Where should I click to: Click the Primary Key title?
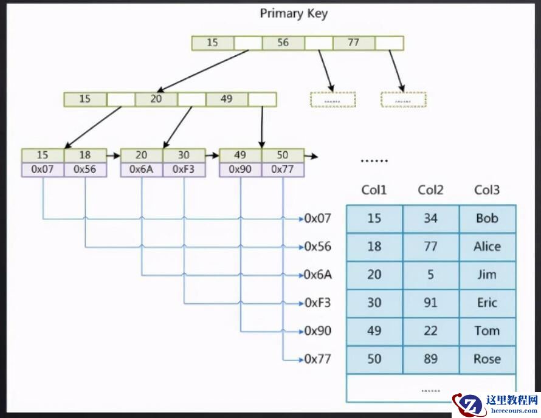point(294,13)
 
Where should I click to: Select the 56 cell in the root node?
point(283,43)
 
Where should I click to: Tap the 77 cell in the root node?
point(354,43)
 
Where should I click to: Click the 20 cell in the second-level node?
point(156,98)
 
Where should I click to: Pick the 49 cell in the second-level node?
point(226,98)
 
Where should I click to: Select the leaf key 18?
point(84,156)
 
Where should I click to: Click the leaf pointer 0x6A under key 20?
point(142,170)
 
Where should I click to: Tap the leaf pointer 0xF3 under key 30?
point(184,170)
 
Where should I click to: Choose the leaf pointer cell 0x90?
point(240,170)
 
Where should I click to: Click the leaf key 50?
point(283,156)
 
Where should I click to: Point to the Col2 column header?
point(430,190)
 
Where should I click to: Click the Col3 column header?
point(487,190)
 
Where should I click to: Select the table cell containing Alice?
point(487,247)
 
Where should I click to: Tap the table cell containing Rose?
point(487,359)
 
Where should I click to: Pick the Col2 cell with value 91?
point(430,303)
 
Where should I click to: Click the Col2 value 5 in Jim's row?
point(430,275)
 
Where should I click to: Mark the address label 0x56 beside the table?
point(317,247)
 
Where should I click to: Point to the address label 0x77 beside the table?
point(317,359)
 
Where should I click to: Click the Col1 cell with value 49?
point(374,331)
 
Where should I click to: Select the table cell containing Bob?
point(487,218)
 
